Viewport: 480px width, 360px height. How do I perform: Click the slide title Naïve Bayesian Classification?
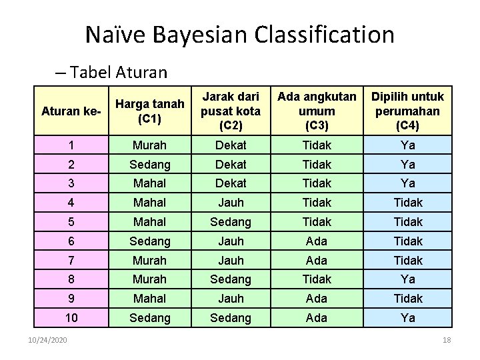click(240, 34)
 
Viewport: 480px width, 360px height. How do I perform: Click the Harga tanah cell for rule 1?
click(150, 145)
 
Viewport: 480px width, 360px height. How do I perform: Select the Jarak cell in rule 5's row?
click(231, 221)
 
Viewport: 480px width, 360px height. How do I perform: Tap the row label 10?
click(71, 318)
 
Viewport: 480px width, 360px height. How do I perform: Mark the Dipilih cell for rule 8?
click(407, 279)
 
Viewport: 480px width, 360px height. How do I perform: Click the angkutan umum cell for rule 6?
click(317, 241)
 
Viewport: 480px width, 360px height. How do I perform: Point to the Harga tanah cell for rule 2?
click(150, 164)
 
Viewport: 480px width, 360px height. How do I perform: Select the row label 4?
click(71, 202)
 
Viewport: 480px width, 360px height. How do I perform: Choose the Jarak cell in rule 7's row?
click(231, 260)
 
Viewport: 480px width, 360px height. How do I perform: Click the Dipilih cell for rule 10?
click(407, 318)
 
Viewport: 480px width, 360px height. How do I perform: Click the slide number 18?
click(447, 341)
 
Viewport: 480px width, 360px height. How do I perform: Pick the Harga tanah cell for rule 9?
click(150, 299)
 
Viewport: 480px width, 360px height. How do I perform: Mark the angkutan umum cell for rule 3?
click(317, 183)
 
